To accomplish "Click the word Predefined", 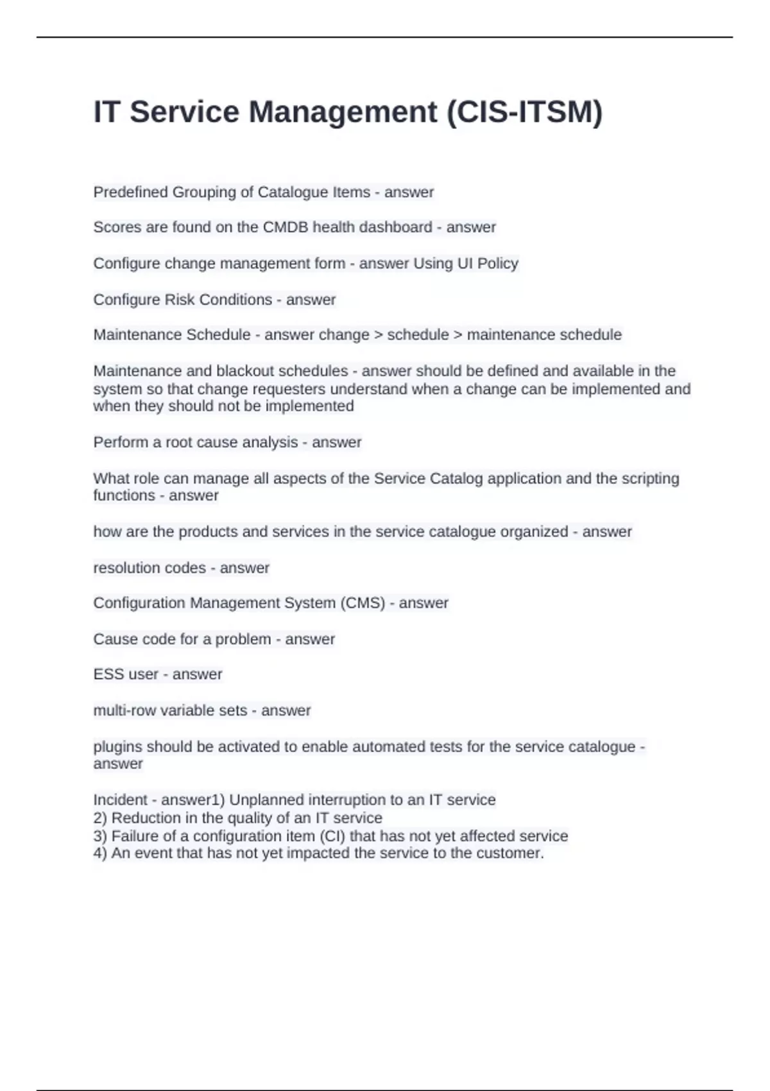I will (131, 192).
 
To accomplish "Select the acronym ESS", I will (107, 674).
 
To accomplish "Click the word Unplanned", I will (266, 800).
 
